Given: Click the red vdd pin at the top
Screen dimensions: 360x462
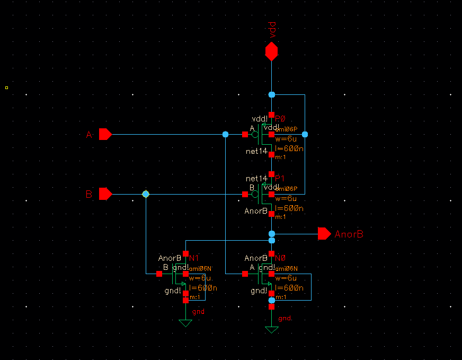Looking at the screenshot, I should (271, 51).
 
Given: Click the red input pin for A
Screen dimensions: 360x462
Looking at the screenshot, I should (105, 135).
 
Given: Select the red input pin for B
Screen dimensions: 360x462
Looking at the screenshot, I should (105, 194).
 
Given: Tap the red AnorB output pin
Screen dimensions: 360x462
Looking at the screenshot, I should (324, 233).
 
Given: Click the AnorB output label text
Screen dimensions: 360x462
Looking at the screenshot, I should (349, 234).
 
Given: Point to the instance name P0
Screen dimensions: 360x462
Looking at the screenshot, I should (280, 118).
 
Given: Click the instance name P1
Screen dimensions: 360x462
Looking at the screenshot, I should (280, 178).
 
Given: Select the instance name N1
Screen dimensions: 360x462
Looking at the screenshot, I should (194, 258).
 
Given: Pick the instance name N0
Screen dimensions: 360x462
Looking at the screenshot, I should (280, 258).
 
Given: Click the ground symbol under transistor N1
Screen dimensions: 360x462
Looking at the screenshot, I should (185, 323).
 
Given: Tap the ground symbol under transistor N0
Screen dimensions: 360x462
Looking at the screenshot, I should (271, 330).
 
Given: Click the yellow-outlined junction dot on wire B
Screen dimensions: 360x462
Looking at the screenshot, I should (146, 195).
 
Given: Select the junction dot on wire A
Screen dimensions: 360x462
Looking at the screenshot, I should (225, 135).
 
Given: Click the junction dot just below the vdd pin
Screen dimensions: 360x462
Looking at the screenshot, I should (271, 94).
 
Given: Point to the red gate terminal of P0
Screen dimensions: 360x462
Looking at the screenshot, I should (245, 135).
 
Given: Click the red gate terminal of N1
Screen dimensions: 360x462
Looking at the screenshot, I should (159, 274).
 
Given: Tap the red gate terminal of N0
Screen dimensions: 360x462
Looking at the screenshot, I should (245, 274).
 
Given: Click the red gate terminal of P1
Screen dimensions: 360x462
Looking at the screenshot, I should (245, 195).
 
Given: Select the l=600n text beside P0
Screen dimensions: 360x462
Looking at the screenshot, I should (289, 148).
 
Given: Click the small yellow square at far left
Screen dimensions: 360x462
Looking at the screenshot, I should (6, 87).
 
